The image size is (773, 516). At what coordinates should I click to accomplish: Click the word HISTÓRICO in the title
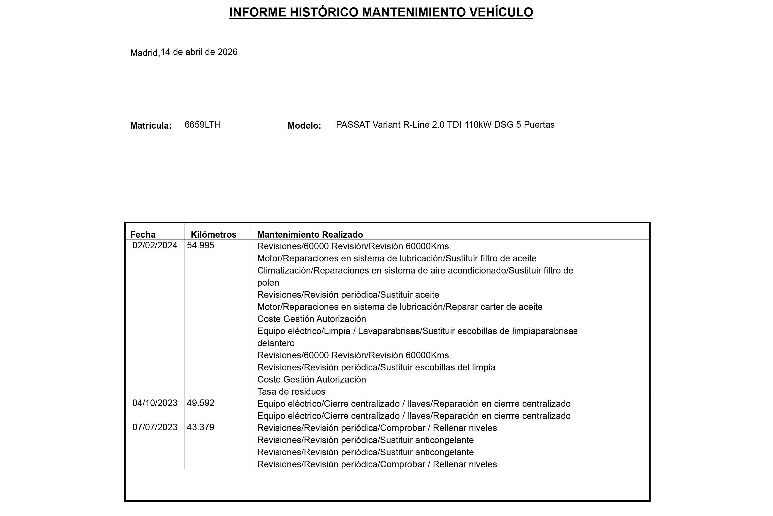tap(324, 13)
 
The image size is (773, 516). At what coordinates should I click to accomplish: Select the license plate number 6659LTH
tap(203, 125)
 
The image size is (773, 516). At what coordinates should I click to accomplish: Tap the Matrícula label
tap(151, 126)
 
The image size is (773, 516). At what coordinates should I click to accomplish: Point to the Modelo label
tap(304, 126)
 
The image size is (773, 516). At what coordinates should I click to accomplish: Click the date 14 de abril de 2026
tap(199, 52)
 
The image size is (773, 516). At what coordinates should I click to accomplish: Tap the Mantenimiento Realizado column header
tap(310, 235)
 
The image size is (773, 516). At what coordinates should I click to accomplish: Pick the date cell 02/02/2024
tap(155, 245)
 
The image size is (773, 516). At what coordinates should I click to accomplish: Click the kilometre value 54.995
tap(200, 245)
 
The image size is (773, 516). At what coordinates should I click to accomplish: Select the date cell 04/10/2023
tap(155, 403)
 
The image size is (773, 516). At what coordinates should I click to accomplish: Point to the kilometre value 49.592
tap(200, 403)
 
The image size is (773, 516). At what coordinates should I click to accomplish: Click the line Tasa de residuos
tap(291, 392)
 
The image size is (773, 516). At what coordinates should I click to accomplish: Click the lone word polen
tap(268, 283)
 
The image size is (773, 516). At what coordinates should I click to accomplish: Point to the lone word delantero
tap(276, 343)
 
